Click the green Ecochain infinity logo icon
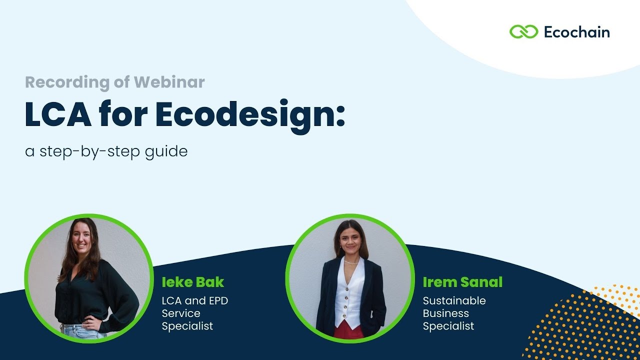(x=523, y=32)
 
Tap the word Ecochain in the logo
(x=576, y=32)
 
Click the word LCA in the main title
(x=58, y=115)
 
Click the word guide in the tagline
(x=168, y=151)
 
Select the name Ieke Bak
(x=193, y=282)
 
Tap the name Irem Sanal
(x=462, y=282)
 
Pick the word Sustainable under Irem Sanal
(x=454, y=301)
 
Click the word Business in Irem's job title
(x=445, y=313)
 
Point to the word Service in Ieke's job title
(x=181, y=313)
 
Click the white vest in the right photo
(x=349, y=295)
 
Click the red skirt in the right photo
(x=348, y=331)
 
